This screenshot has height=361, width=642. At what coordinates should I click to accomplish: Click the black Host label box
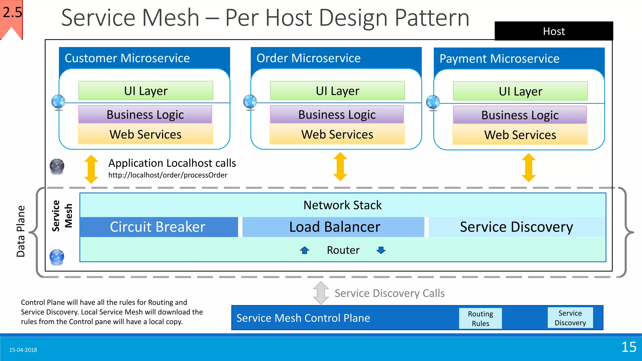tap(554, 31)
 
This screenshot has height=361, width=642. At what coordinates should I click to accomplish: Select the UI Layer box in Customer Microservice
tap(146, 91)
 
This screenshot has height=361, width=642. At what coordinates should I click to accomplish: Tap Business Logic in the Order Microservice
tap(337, 114)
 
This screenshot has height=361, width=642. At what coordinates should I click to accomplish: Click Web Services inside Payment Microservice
tap(520, 135)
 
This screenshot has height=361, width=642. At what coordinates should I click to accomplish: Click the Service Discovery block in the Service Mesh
tap(517, 227)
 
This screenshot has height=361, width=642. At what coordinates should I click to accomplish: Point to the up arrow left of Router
tap(304, 250)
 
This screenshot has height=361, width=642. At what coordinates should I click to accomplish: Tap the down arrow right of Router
tap(381, 250)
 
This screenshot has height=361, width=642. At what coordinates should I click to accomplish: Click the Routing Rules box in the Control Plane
tap(480, 318)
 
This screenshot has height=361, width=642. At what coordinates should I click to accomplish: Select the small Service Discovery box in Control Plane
tap(570, 318)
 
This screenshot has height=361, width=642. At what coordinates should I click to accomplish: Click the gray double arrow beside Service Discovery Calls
tap(321, 293)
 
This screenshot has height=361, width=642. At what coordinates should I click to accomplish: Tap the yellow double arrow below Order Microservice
tap(340, 167)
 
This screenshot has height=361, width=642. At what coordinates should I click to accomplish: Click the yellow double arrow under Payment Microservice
tap(529, 167)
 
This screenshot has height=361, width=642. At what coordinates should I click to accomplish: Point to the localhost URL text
tap(168, 175)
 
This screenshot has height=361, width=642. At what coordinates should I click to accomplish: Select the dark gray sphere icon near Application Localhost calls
tap(57, 166)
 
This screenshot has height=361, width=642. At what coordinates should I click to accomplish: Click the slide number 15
tap(629, 347)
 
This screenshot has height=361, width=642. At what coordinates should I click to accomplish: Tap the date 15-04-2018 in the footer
tap(23, 350)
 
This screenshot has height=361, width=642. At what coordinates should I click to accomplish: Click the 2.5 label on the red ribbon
tap(13, 13)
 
